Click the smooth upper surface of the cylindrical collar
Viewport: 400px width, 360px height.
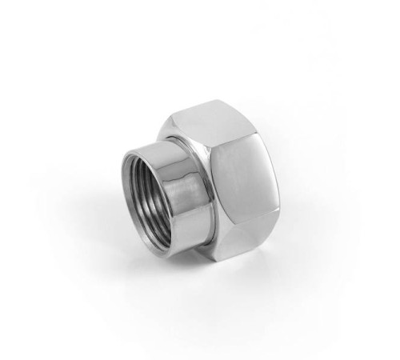(x=165, y=148)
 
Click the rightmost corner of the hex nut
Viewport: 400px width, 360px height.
(x=276, y=192)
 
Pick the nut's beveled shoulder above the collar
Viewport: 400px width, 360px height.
(x=180, y=128)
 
